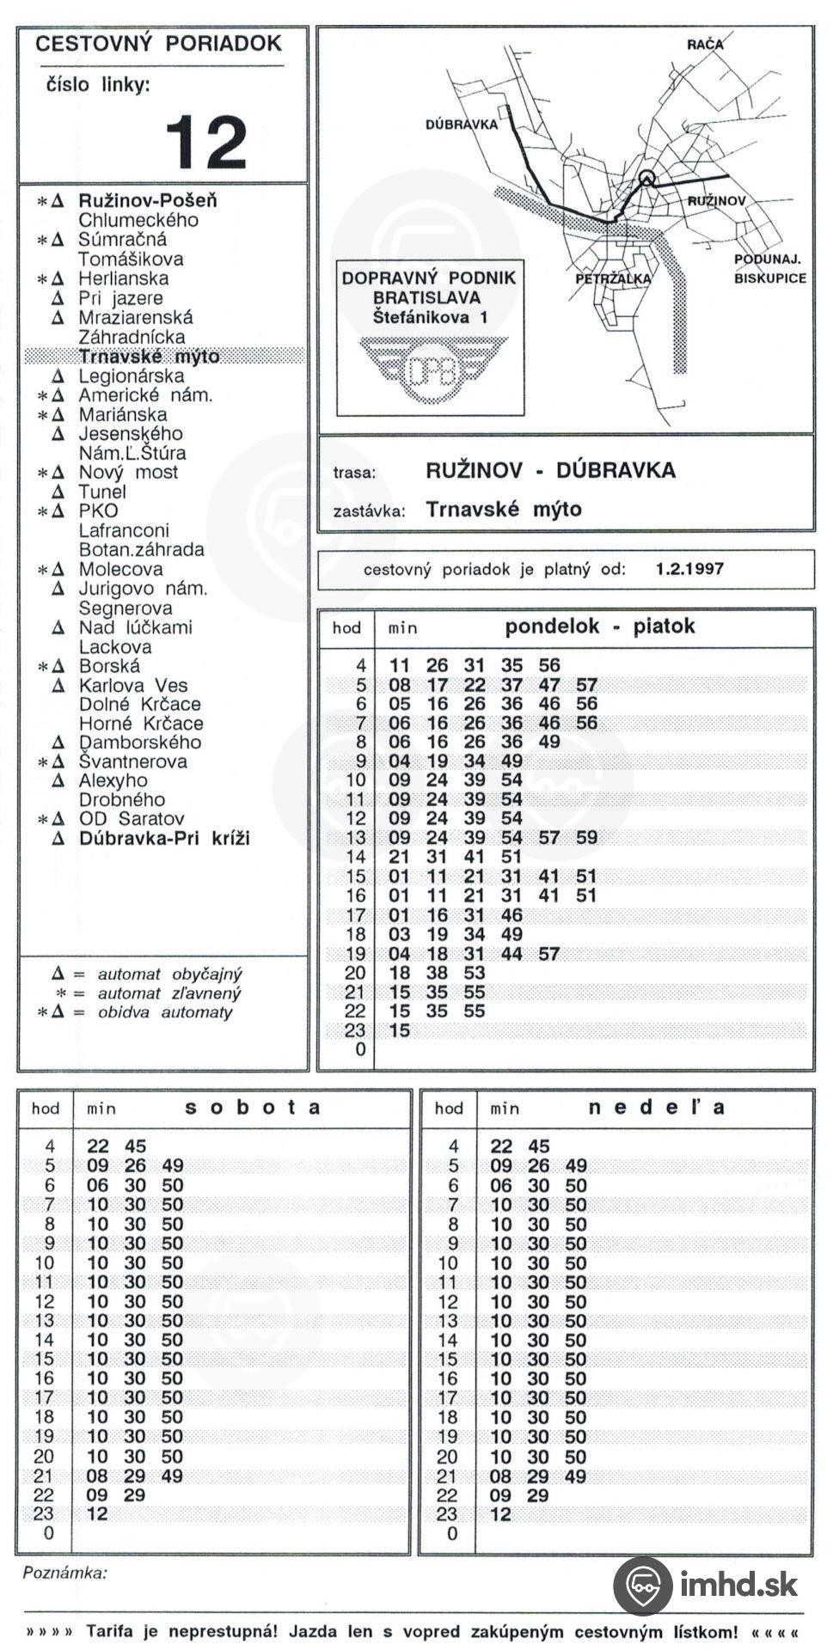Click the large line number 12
tap(205, 142)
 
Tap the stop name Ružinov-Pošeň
tap(147, 200)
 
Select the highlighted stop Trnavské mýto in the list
tap(149, 357)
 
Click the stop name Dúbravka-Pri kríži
tap(164, 838)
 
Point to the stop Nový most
tap(128, 472)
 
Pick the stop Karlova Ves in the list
tap(132, 685)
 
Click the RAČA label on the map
tap(704, 44)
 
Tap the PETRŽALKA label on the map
tap(613, 279)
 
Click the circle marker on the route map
tap(647, 178)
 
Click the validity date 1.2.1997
tap(689, 569)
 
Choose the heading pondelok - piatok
tap(599, 626)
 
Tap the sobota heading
tap(253, 1107)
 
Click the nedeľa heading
tap(656, 1107)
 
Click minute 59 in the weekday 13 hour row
tap(586, 837)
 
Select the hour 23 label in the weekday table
tap(355, 1030)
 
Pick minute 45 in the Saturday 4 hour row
tap(135, 1146)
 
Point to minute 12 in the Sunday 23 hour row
tap(500, 1514)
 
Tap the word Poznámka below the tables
tap(64, 1573)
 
